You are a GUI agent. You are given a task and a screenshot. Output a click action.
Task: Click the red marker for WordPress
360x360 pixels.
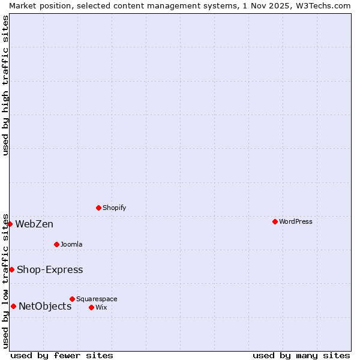pos(275,221)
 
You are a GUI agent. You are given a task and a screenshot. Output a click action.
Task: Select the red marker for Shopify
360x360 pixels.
pos(98,208)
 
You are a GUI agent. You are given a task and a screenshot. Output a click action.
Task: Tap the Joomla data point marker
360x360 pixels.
pos(56,244)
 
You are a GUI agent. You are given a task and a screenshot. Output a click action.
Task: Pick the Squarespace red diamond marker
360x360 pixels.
pos(72,299)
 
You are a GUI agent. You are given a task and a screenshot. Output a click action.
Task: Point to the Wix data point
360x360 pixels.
pos(91,307)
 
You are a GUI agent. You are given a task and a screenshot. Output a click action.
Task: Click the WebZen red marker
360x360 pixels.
pos(10,224)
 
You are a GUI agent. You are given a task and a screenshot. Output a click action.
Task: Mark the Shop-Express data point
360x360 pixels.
pos(11,269)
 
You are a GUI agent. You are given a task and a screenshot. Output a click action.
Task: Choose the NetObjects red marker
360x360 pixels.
pos(13,306)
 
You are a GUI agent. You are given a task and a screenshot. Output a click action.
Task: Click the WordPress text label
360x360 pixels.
pos(296,221)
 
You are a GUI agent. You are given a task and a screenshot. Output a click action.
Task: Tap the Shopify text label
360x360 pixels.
pos(114,208)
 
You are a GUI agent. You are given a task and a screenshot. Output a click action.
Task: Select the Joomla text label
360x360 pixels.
pos(71,244)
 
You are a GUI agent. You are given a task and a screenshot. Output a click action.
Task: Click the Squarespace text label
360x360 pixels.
pos(97,299)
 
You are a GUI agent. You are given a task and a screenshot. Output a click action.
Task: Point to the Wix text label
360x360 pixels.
pos(101,307)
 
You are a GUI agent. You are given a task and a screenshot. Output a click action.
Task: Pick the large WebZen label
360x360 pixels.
pos(34,224)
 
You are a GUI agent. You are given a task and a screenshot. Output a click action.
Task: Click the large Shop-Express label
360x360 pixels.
pos(50,270)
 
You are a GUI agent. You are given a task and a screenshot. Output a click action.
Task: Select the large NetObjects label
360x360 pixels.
pos(45,307)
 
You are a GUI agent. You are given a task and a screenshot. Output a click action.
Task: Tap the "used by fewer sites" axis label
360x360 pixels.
pos(62,355)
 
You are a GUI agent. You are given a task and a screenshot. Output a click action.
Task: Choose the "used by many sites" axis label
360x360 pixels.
pos(301,355)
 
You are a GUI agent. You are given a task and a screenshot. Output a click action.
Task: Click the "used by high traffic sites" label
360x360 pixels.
pos(5,85)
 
